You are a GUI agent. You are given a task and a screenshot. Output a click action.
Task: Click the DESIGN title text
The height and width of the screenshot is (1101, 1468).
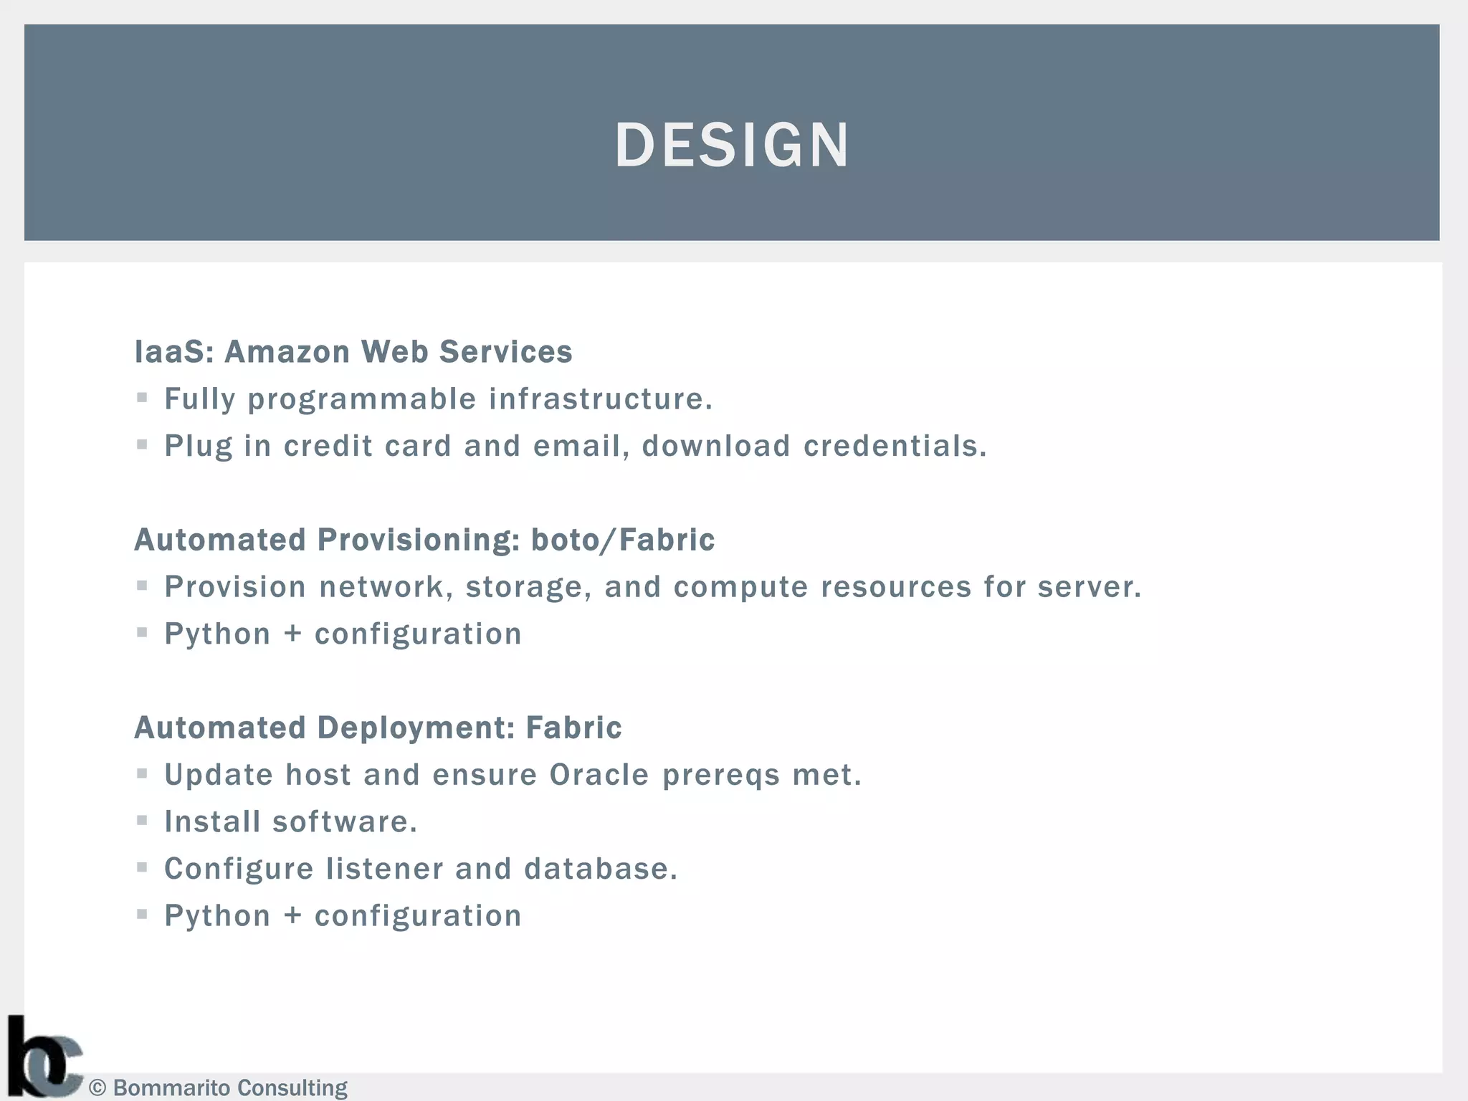tap(732, 145)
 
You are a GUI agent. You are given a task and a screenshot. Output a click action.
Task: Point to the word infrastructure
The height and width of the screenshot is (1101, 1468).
tap(601, 399)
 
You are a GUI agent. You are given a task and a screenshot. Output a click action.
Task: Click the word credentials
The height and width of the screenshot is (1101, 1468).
tap(895, 446)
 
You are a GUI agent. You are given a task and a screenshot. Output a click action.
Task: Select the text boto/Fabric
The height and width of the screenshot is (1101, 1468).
tap(622, 540)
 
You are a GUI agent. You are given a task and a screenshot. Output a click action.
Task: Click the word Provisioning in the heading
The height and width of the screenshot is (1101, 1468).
tap(419, 540)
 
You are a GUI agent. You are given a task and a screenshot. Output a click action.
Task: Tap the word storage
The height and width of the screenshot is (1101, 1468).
tap(528, 588)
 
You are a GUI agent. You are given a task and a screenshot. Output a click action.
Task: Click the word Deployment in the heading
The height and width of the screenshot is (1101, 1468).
tap(415, 728)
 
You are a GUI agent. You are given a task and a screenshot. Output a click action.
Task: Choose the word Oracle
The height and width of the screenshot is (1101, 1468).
tap(599, 775)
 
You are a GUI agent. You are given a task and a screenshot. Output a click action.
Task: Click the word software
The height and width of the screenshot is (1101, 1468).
tap(344, 822)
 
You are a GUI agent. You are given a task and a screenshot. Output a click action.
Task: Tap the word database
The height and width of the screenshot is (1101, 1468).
tap(601, 869)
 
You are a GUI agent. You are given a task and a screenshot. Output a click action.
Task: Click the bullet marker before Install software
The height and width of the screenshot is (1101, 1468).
tap(142, 821)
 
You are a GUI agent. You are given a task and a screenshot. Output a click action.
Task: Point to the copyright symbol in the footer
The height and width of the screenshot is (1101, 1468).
tap(97, 1088)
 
